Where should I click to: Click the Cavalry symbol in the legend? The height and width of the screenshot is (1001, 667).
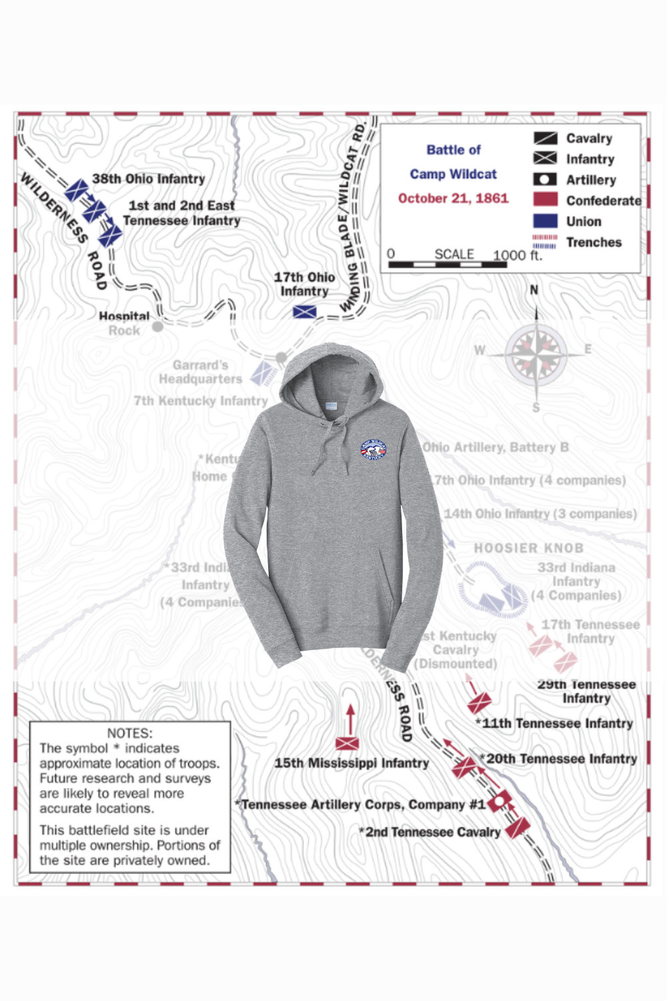click(545, 138)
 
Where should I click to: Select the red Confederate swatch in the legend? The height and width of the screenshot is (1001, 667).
click(545, 200)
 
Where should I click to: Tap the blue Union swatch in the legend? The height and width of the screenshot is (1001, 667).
click(545, 221)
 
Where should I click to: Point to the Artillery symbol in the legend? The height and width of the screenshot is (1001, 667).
click(545, 180)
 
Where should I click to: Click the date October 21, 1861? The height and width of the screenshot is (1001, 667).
click(453, 198)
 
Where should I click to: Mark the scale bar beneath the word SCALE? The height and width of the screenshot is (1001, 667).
click(448, 265)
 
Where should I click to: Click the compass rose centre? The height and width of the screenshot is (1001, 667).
click(536, 352)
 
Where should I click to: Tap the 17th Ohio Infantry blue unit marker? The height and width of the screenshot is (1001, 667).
click(305, 311)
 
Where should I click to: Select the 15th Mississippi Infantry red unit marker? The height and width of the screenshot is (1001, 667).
click(347, 743)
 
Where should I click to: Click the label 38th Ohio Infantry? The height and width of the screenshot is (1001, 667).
click(148, 179)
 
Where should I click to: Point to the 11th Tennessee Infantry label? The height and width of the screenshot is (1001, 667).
click(557, 723)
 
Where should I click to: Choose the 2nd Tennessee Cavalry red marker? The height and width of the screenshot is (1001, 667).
click(517, 828)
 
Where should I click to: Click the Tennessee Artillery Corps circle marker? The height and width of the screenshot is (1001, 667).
click(499, 802)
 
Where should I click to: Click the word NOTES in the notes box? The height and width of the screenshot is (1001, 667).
click(129, 733)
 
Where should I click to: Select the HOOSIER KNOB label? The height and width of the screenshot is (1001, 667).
click(528, 548)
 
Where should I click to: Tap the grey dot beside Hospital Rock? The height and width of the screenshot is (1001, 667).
click(157, 326)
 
